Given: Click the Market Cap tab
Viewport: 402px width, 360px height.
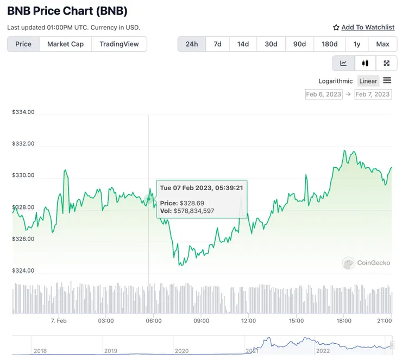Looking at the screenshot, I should pyautogui.click(x=65, y=44).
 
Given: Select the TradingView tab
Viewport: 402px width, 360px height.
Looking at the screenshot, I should pyautogui.click(x=119, y=44).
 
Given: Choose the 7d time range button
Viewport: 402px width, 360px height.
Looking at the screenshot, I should pyautogui.click(x=217, y=44).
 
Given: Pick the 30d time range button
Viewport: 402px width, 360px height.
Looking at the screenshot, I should pyautogui.click(x=271, y=44).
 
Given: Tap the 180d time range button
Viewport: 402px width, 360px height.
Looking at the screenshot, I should pyautogui.click(x=329, y=44).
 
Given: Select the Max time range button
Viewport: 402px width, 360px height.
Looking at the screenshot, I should pyautogui.click(x=382, y=44).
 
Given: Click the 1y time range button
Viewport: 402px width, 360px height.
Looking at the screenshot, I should pyautogui.click(x=357, y=44).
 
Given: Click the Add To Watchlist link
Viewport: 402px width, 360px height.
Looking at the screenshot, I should pyautogui.click(x=368, y=27).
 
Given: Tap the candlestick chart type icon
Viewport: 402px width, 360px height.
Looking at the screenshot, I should pyautogui.click(x=365, y=63).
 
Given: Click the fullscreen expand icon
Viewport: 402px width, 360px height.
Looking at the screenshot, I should pyautogui.click(x=386, y=63).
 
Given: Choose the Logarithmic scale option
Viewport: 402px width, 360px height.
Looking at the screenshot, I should pyautogui.click(x=335, y=81).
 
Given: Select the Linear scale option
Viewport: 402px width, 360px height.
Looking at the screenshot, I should pyautogui.click(x=368, y=81).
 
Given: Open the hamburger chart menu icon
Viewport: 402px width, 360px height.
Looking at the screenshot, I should pyautogui.click(x=387, y=80).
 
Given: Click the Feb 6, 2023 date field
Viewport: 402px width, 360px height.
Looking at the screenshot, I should pyautogui.click(x=324, y=94).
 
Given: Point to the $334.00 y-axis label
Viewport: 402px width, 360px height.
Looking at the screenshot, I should pyautogui.click(x=23, y=112).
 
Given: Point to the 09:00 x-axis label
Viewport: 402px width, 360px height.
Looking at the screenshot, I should pyautogui.click(x=201, y=321).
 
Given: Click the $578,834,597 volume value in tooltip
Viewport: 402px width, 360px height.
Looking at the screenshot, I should pyautogui.click(x=194, y=211).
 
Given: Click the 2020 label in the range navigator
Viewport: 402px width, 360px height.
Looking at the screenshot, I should pyautogui.click(x=182, y=351).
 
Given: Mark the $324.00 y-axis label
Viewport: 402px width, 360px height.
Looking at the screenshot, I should pyautogui.click(x=23, y=270).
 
